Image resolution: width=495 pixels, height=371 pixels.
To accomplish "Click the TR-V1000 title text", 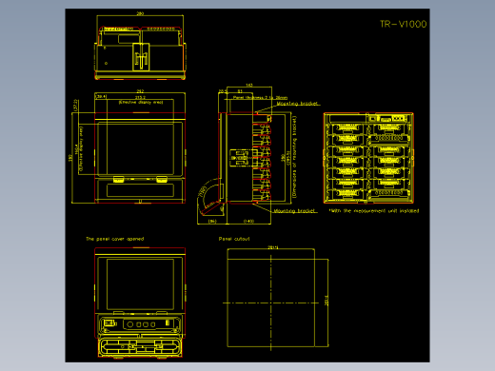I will pos(403,25).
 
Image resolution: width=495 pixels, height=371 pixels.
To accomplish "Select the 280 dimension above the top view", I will pos(141,14).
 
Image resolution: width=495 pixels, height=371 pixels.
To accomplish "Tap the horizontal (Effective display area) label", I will pos(141,102).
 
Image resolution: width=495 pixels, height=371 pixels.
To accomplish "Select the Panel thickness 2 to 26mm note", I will pos(254,97).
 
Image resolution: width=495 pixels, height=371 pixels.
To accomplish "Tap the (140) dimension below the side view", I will pos(248,221).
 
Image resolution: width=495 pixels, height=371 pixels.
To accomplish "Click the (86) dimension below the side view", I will pos(212,221).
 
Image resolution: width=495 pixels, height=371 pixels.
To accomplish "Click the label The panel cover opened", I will pos(115,239).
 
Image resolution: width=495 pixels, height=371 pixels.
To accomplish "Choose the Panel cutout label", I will pos(233,239).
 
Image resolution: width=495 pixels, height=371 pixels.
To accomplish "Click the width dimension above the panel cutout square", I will pos(274,248).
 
